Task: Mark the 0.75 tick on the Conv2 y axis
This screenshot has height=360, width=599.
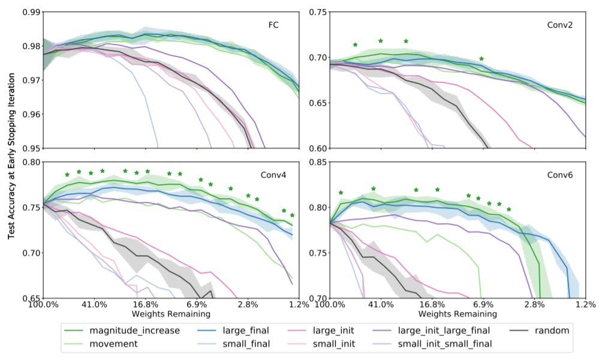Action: [318, 12]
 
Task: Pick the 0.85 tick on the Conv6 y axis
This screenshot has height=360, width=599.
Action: [318, 162]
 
